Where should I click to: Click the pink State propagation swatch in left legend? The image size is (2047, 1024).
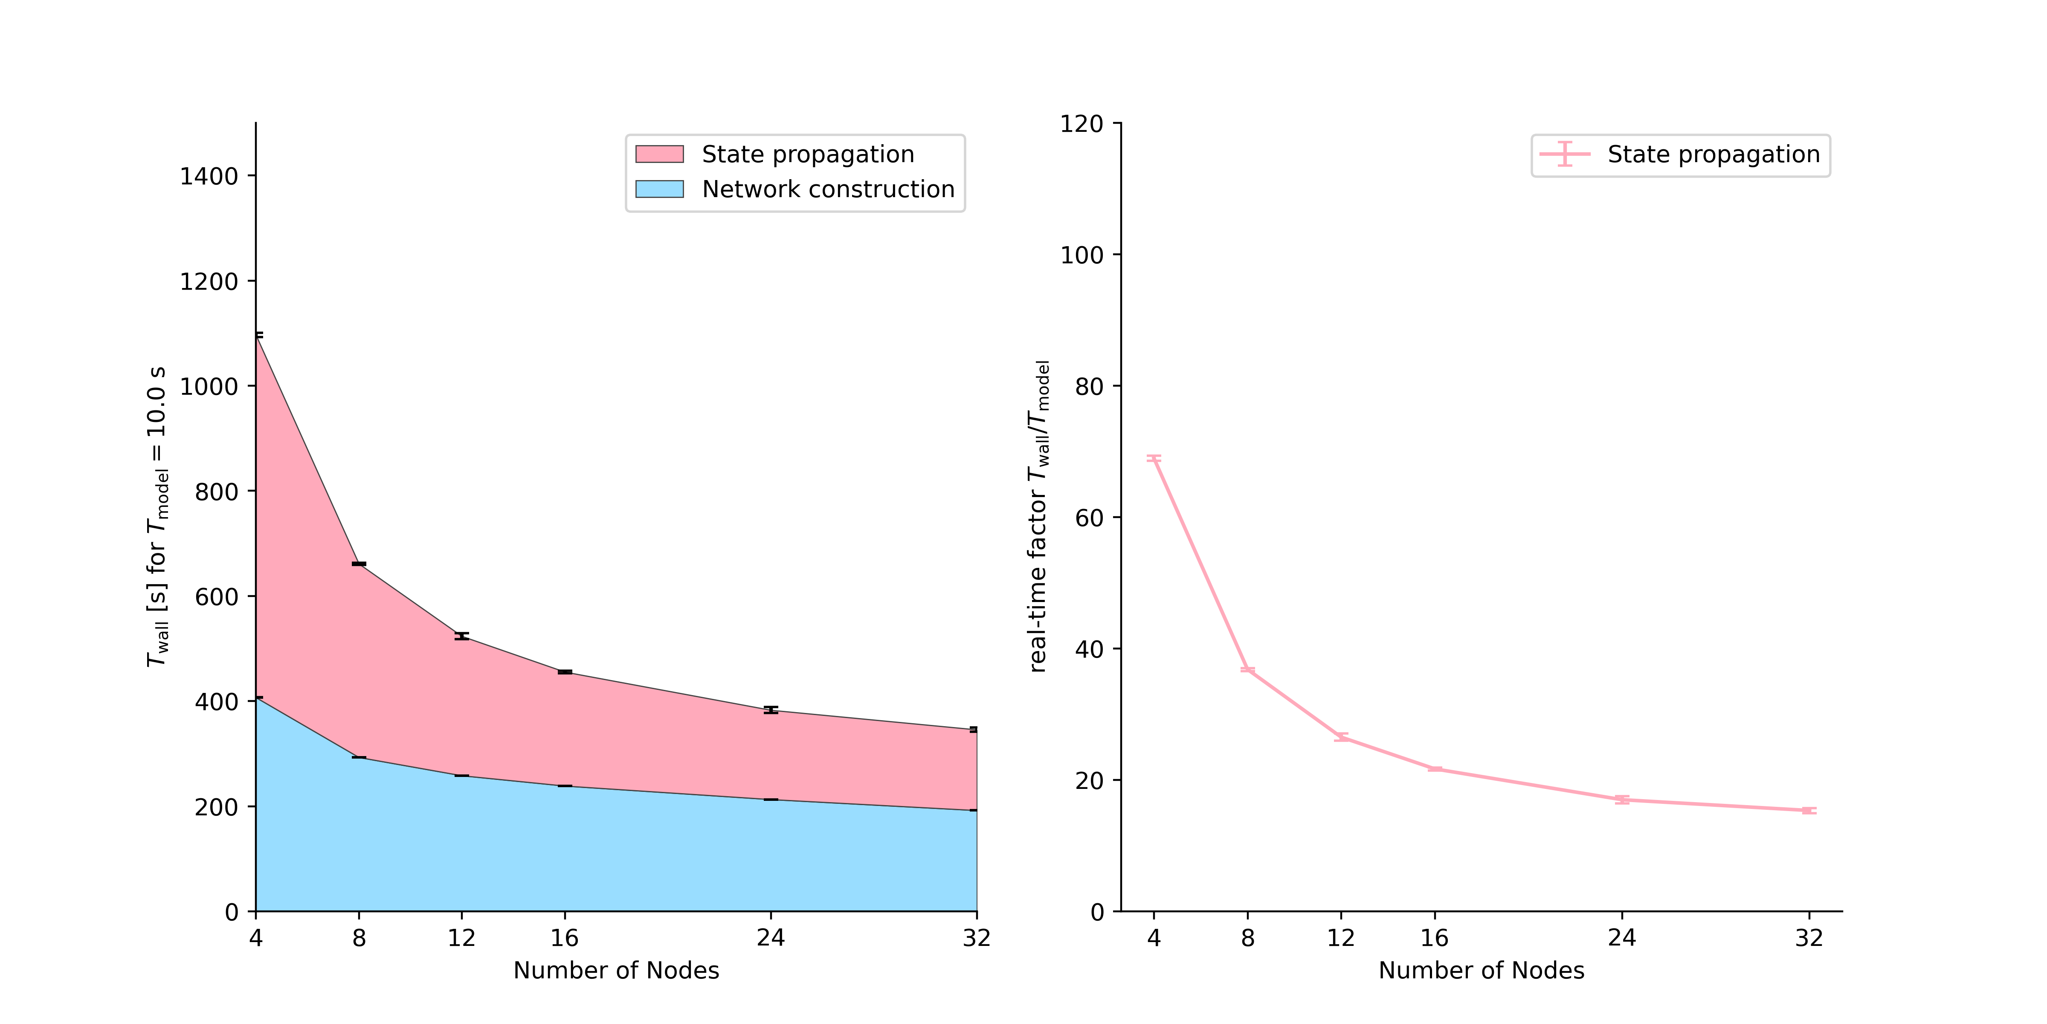[x=659, y=154]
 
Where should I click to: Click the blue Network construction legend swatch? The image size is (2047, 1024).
[x=659, y=189]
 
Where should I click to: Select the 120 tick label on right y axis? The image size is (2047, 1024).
[x=1081, y=124]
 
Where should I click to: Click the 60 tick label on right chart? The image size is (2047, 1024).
[x=1089, y=518]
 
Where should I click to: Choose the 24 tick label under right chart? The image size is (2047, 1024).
[x=1622, y=938]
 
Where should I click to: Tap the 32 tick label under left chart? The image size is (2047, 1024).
[x=977, y=938]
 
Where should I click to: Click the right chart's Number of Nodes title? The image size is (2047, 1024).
[x=1481, y=971]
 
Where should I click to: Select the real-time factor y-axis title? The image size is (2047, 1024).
[x=1038, y=517]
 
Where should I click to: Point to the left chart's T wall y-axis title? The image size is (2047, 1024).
[x=157, y=517]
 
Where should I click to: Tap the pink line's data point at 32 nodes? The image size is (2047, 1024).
[x=1809, y=810]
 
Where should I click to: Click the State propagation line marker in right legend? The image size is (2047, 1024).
[x=1565, y=154]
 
